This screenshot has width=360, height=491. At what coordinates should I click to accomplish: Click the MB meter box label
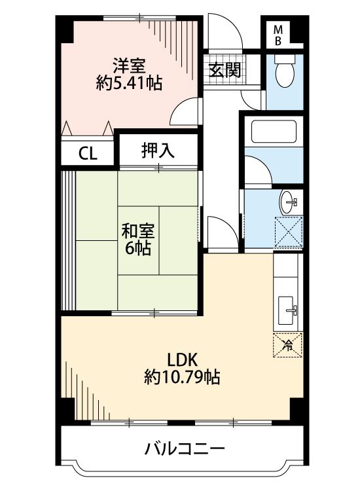[x=278, y=35]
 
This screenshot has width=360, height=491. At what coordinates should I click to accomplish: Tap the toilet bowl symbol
[x=284, y=71]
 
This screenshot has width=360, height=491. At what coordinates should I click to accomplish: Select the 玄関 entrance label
[x=225, y=70]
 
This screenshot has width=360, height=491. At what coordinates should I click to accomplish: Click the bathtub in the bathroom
[x=274, y=132]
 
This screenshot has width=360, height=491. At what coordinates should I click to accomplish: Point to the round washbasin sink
[x=288, y=202]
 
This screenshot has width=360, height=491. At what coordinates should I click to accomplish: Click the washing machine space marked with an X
[x=288, y=232]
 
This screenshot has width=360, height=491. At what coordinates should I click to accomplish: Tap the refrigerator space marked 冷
[x=288, y=345]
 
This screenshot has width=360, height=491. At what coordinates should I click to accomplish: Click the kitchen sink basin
[x=286, y=310]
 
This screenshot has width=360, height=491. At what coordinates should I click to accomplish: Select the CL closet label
[x=88, y=154]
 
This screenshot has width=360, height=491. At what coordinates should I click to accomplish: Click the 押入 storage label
[x=158, y=151]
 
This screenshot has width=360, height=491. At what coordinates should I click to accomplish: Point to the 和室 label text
[x=137, y=231]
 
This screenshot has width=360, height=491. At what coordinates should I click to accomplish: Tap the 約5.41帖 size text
[x=129, y=83]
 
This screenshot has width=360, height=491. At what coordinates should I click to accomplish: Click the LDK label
[x=182, y=360]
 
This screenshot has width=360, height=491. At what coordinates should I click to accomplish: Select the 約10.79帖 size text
[x=182, y=376]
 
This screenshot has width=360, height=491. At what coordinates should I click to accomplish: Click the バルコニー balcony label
[x=185, y=449]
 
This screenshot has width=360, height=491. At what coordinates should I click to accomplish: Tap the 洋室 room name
[x=129, y=66]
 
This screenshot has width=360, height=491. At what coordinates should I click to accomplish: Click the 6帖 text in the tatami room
[x=137, y=248]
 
